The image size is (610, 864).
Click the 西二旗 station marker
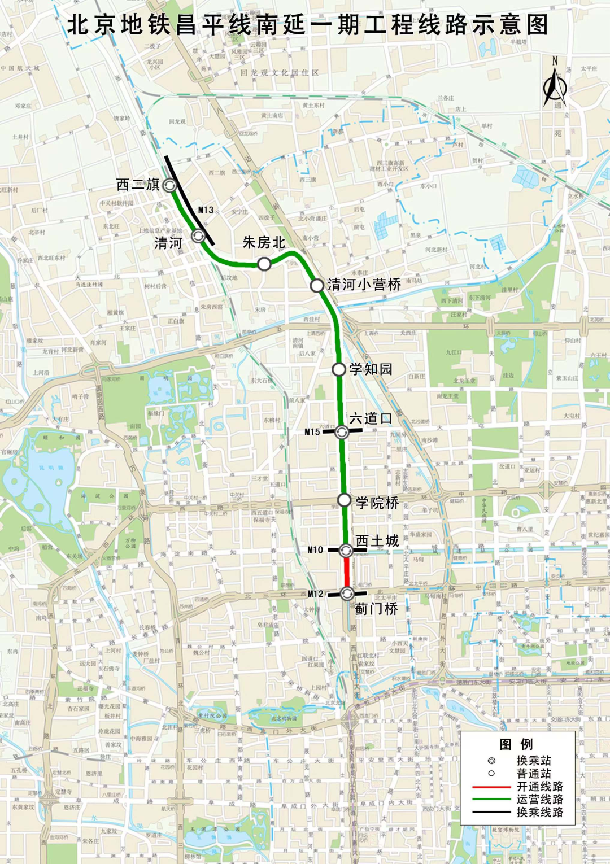coord(169,185)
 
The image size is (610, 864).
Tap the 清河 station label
coord(168,243)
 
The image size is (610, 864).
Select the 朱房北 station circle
coord(264,264)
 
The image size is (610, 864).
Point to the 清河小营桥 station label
coord(364,285)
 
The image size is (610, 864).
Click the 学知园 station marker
coord(338,369)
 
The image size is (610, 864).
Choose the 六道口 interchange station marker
coord(342,432)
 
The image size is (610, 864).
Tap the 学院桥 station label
coord(377,503)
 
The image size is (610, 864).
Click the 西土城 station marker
coord(346,550)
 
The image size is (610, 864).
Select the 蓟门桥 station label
coord(376,609)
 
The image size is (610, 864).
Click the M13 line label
coord(206,210)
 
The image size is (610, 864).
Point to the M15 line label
coord(312,432)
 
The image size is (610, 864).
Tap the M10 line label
coord(315,550)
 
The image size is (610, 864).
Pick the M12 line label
coord(315,594)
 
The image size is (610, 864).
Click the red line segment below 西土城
coord(346,571)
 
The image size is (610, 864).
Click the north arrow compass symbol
coord(555,85)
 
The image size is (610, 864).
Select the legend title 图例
coord(516,744)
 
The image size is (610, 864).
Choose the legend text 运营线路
coord(539,799)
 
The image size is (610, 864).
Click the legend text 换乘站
coord(534,761)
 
